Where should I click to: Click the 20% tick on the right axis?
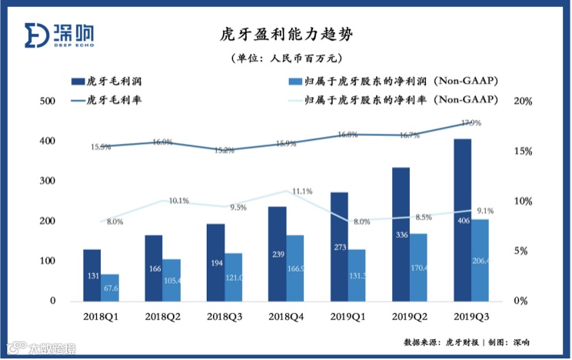click(523, 102)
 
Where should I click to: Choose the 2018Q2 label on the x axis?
click(162, 316)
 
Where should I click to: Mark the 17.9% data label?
click(471, 123)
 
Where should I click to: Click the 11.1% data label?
click(302, 192)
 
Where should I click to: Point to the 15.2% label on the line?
click(224, 151)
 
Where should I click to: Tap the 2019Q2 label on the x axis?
click(408, 316)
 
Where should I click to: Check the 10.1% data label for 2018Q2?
click(178, 201)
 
